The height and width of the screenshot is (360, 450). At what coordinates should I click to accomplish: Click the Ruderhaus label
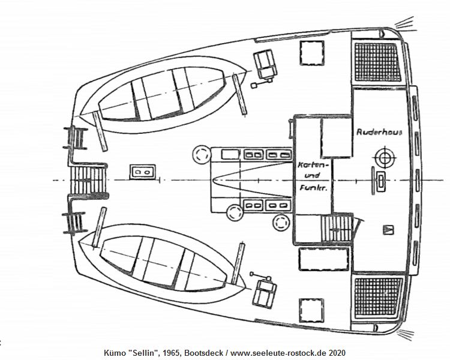click(379, 132)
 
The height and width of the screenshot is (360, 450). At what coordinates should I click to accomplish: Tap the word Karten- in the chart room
click(313, 165)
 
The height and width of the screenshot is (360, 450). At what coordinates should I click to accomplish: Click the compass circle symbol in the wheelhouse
click(385, 157)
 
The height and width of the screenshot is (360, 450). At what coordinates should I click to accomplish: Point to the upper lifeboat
click(163, 94)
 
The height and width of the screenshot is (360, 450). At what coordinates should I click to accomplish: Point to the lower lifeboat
click(162, 263)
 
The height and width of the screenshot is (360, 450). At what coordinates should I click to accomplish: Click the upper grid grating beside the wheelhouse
click(377, 62)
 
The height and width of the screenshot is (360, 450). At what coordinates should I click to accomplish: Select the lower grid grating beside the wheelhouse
click(378, 298)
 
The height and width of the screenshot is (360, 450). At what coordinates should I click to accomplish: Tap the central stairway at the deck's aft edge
click(88, 180)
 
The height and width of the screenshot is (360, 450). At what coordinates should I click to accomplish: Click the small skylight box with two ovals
click(143, 172)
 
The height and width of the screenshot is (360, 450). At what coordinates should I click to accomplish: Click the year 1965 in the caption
click(172, 353)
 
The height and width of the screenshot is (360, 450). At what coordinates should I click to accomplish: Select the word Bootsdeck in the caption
click(203, 353)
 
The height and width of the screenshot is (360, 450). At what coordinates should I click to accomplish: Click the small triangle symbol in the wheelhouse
click(388, 230)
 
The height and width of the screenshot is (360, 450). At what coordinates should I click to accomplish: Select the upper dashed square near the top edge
click(312, 53)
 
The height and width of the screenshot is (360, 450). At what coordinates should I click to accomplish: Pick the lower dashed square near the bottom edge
click(311, 310)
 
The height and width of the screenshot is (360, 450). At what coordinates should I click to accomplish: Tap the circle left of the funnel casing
click(202, 154)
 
